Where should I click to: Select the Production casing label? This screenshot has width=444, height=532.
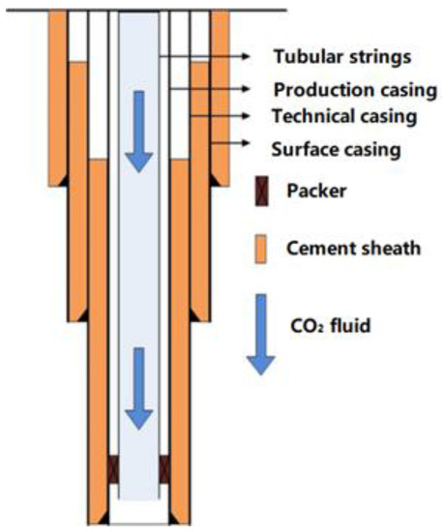click(x=343, y=90)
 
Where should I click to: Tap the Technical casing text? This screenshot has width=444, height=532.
click(x=343, y=117)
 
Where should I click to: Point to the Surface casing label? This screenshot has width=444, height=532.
click(x=338, y=151)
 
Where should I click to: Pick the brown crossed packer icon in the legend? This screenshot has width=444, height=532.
click(x=258, y=190)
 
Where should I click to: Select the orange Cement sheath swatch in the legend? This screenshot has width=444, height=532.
click(x=258, y=247)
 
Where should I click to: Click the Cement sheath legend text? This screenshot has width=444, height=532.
click(x=353, y=248)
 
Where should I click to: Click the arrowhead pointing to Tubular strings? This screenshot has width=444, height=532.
click(x=255, y=55)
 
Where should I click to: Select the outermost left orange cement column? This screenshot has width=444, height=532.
click(x=60, y=97)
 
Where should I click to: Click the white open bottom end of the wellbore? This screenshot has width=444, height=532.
click(x=139, y=512)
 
